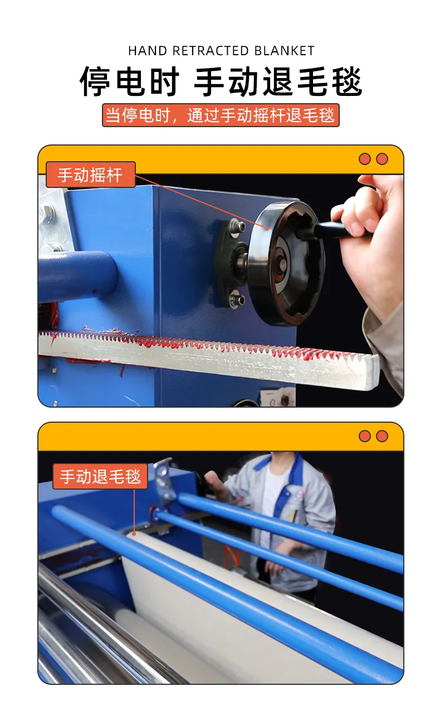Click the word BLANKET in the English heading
(284, 51)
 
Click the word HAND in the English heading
(148, 51)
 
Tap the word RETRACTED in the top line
(211, 51)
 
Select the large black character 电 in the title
(130, 81)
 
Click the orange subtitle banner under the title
(221, 115)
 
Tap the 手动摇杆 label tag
(91, 175)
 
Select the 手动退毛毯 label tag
(100, 476)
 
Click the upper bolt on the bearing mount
(236, 224)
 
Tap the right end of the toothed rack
(377, 372)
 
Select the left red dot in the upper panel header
(365, 159)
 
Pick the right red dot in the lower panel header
(382, 436)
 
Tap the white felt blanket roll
(226, 615)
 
